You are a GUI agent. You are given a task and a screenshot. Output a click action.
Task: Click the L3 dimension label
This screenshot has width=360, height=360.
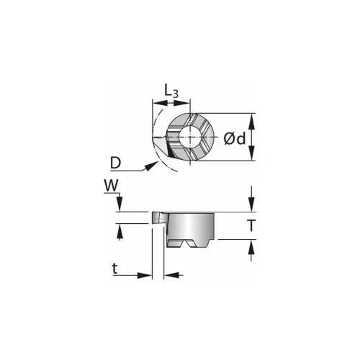click(171, 91)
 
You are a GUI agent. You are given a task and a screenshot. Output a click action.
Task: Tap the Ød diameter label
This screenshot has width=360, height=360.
click(235, 139)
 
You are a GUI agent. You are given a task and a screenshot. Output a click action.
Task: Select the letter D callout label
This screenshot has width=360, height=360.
click(116, 163)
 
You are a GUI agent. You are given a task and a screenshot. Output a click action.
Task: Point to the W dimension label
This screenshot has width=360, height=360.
click(112, 185)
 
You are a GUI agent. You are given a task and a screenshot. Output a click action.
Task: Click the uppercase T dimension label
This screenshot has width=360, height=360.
click(251, 225)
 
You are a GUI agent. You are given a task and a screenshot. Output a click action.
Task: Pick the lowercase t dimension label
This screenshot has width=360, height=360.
click(115, 269)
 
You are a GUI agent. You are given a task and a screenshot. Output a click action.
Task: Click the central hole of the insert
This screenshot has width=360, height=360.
click(190, 137)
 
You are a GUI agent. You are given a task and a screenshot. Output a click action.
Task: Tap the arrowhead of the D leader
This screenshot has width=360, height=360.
click(150, 166)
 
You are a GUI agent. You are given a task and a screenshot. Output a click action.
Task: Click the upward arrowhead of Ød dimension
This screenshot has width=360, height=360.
click(251, 120)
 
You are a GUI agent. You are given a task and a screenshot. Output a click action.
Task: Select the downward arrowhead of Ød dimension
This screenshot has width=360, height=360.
click(251, 153)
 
